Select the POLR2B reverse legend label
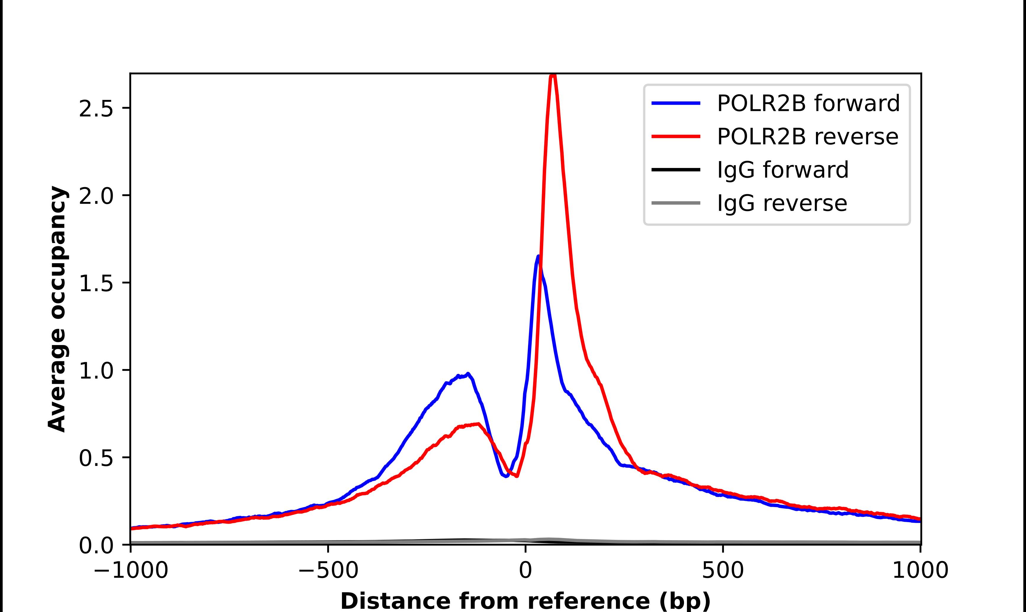[x=807, y=137]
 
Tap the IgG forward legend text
[x=783, y=170]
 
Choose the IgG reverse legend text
[x=782, y=203]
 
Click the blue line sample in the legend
[x=676, y=103]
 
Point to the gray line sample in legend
[x=676, y=203]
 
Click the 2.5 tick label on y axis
[x=96, y=109]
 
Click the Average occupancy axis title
[x=57, y=309]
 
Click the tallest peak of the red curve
[x=553, y=76]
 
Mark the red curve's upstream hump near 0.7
[x=477, y=424]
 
